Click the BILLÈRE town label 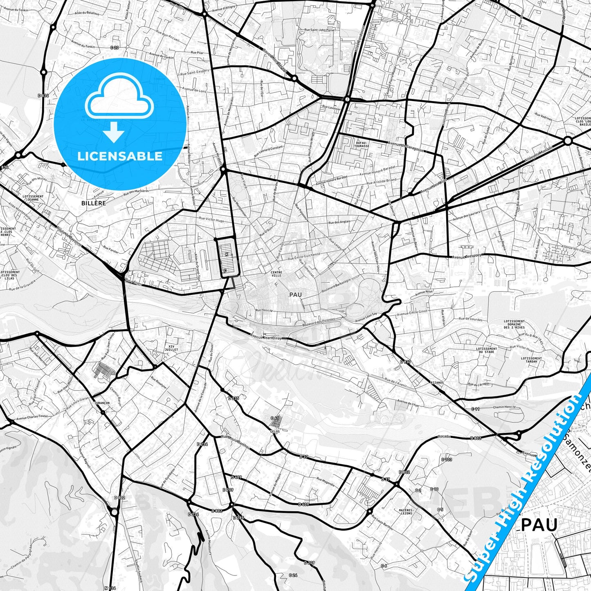pos(93,203)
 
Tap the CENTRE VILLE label pos(276,274)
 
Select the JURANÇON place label pos(102,403)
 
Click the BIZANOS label pos(437,382)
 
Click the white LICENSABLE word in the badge pos(120,156)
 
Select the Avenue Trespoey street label pos(468,257)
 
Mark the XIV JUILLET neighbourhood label pos(171,348)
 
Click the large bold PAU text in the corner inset pos(539,525)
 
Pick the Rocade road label pos(444,436)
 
